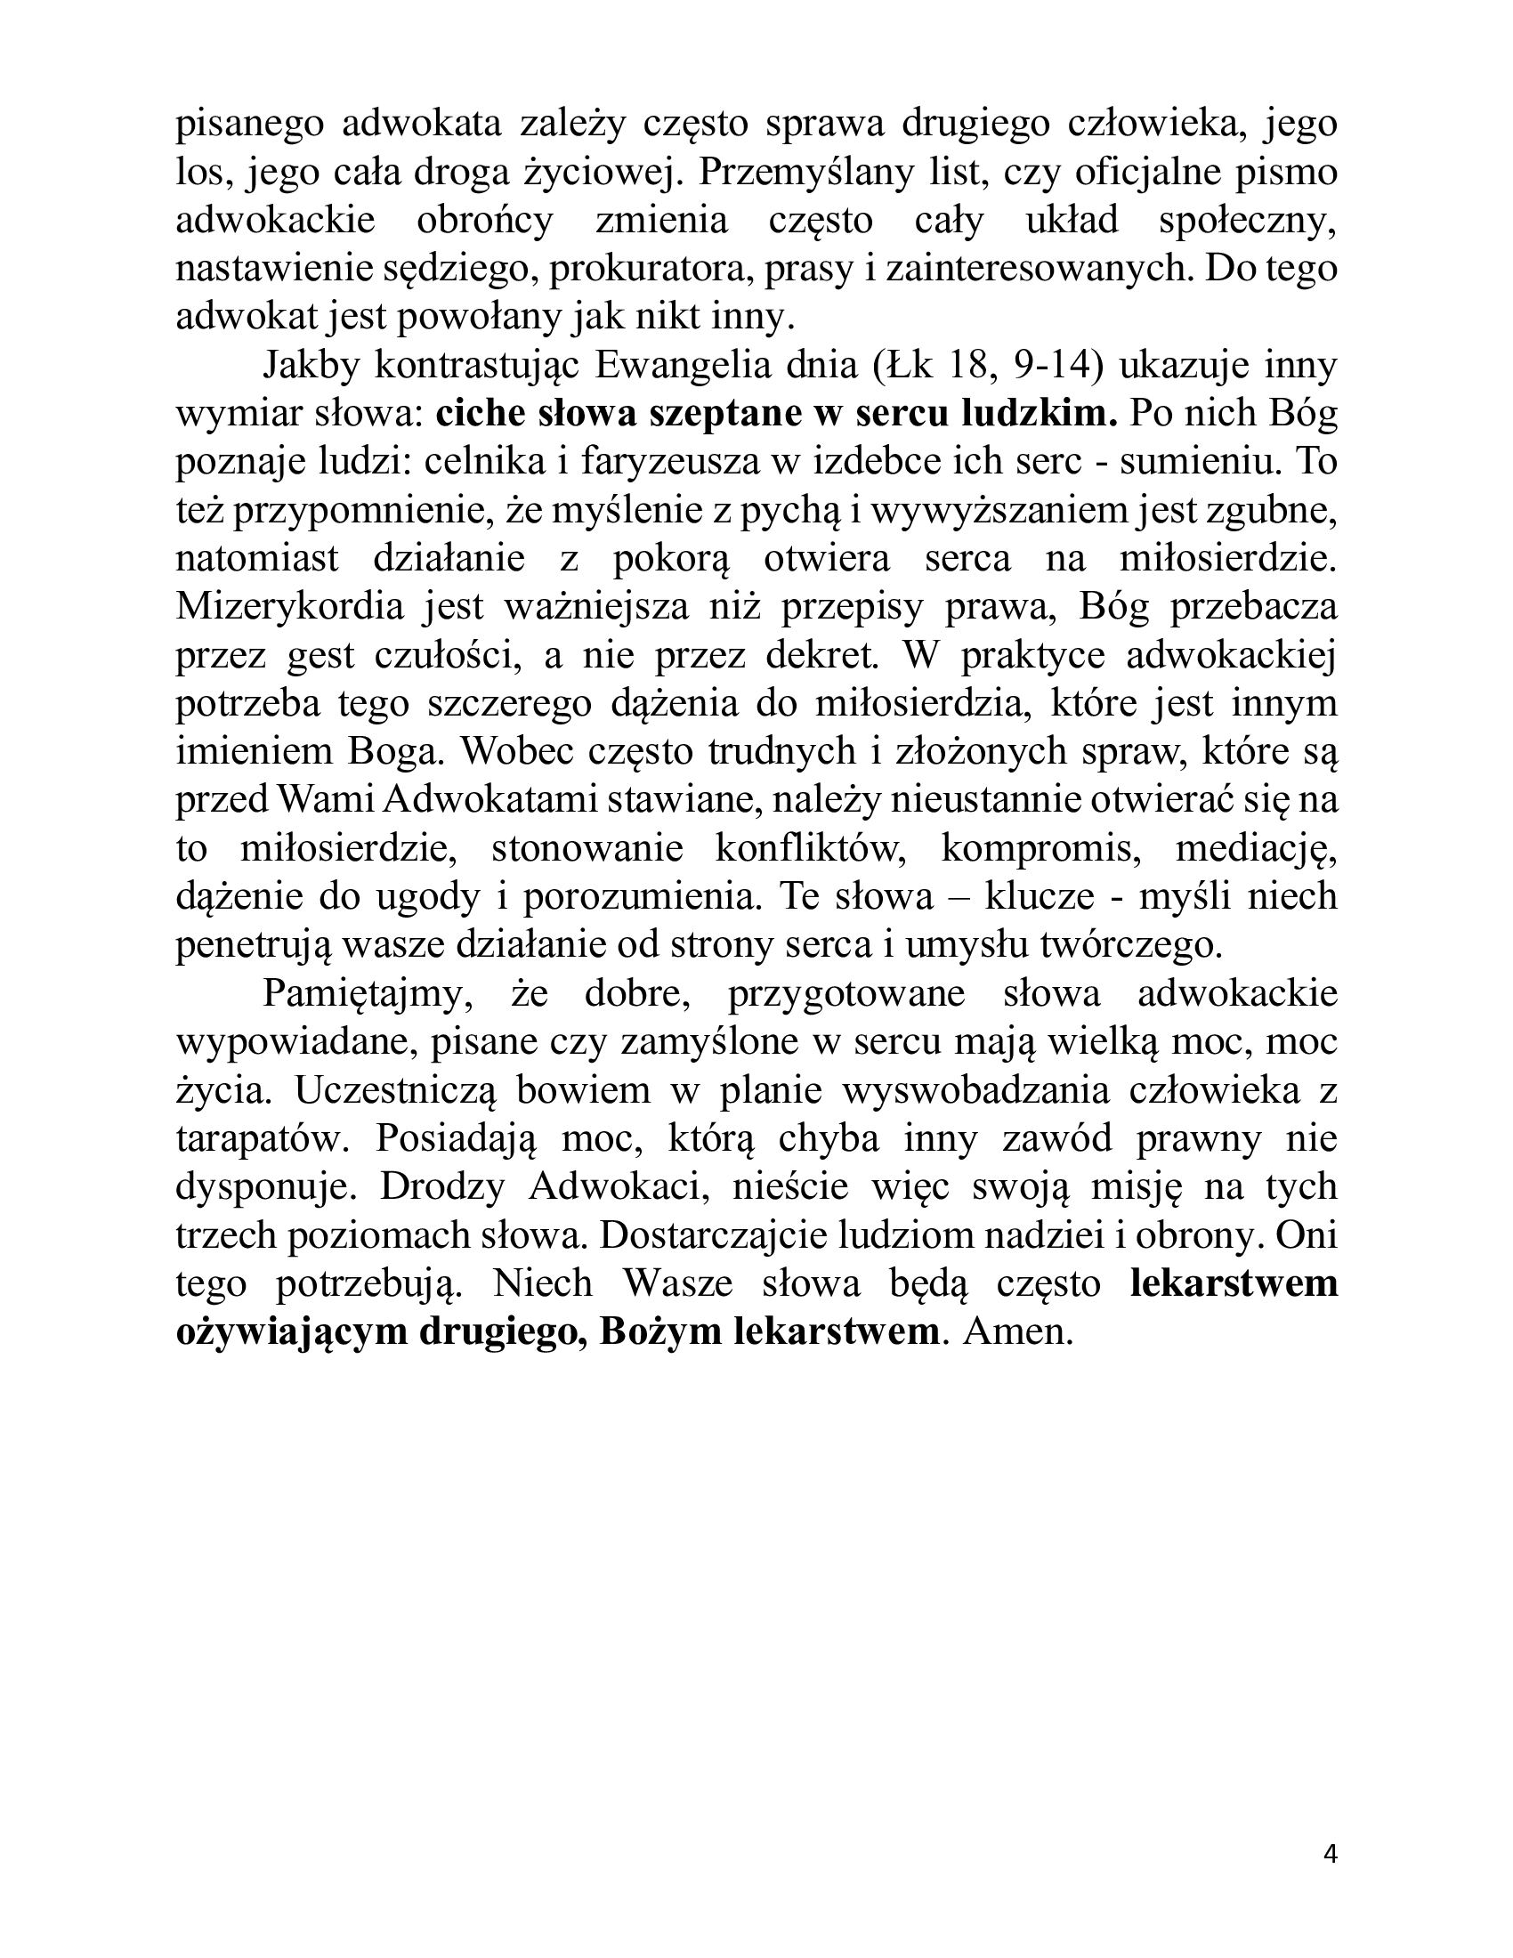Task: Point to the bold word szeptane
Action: pos(748,414)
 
